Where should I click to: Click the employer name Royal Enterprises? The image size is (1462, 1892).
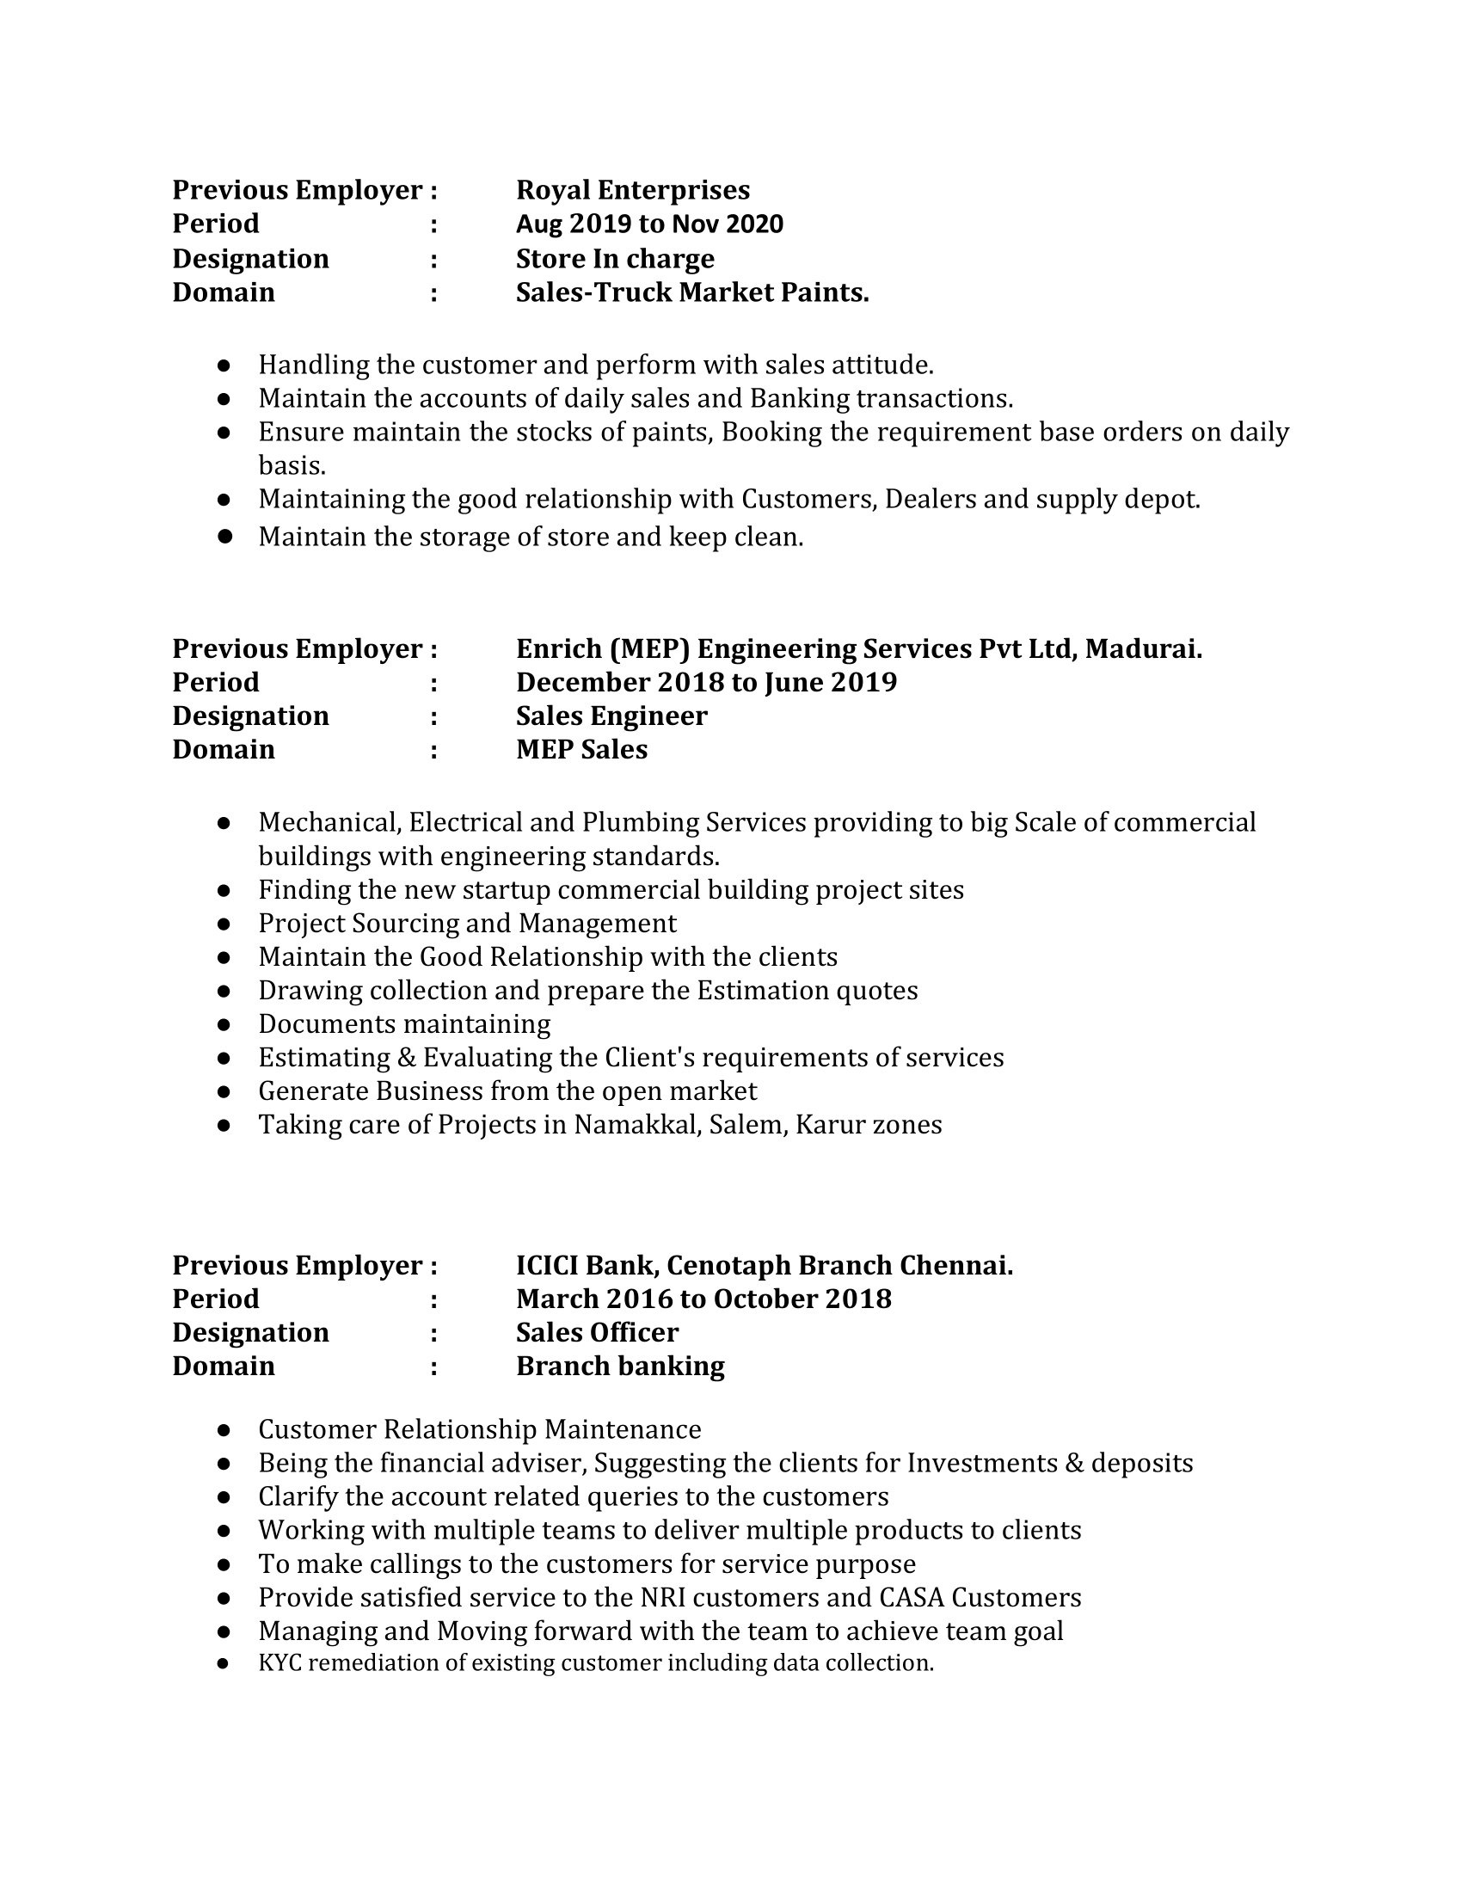[632, 190]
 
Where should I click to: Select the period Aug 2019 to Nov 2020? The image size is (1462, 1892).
[648, 224]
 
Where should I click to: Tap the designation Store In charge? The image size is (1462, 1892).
[615, 258]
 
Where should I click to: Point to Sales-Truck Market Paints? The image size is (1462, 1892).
[692, 292]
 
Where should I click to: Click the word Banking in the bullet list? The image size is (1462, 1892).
[800, 398]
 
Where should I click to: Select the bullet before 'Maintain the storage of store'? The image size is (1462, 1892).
[224, 537]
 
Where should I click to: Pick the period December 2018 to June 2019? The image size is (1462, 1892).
[706, 683]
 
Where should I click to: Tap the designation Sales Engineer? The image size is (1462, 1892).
[611, 716]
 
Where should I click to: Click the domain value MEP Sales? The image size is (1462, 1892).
[581, 749]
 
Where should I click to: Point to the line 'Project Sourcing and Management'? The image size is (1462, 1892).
[467, 924]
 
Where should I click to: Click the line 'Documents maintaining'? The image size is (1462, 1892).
[403, 1024]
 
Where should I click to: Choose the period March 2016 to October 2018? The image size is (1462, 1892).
[703, 1299]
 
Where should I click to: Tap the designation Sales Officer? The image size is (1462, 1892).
[597, 1332]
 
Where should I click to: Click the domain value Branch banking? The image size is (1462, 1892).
[620, 1367]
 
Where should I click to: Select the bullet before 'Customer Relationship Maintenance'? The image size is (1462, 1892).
[224, 1430]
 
